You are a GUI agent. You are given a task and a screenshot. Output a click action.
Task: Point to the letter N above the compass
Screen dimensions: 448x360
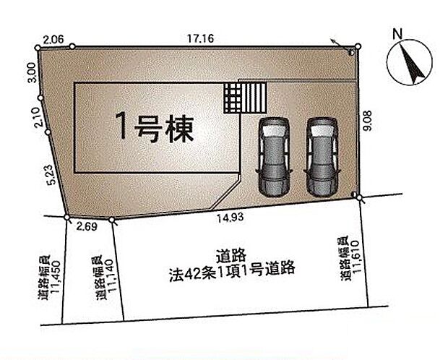396,33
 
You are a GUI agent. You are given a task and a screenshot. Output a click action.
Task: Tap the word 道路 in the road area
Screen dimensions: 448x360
232,254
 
